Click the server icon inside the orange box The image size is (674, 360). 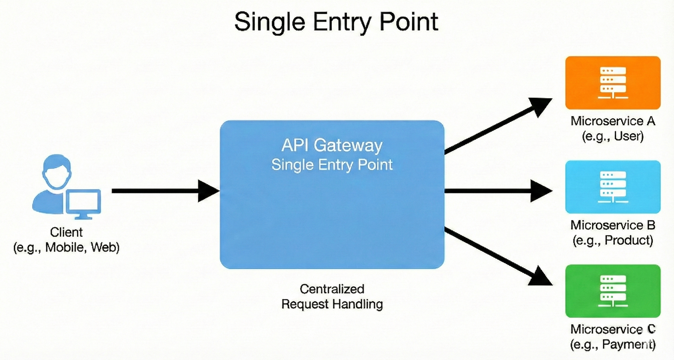[613, 83]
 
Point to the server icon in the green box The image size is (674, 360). [613, 291]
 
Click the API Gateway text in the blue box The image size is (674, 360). [332, 145]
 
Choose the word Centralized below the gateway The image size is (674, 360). [332, 289]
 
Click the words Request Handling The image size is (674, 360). [332, 304]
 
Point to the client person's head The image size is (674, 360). [57, 171]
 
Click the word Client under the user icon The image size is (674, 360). [66, 232]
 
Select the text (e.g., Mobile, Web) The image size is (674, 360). [66, 247]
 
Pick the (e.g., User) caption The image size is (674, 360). [613, 136]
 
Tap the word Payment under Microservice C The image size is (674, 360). [625, 344]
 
